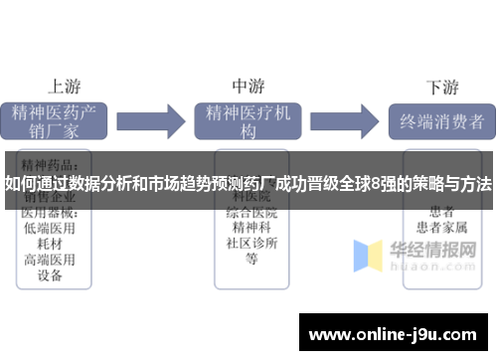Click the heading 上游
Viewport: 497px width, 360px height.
66,86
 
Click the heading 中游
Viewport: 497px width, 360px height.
248,86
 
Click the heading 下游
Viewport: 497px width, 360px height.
441,86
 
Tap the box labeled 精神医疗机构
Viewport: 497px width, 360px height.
248,121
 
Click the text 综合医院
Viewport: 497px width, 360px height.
251,212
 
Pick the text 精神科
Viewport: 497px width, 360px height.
251,228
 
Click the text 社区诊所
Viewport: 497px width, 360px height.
251,244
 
